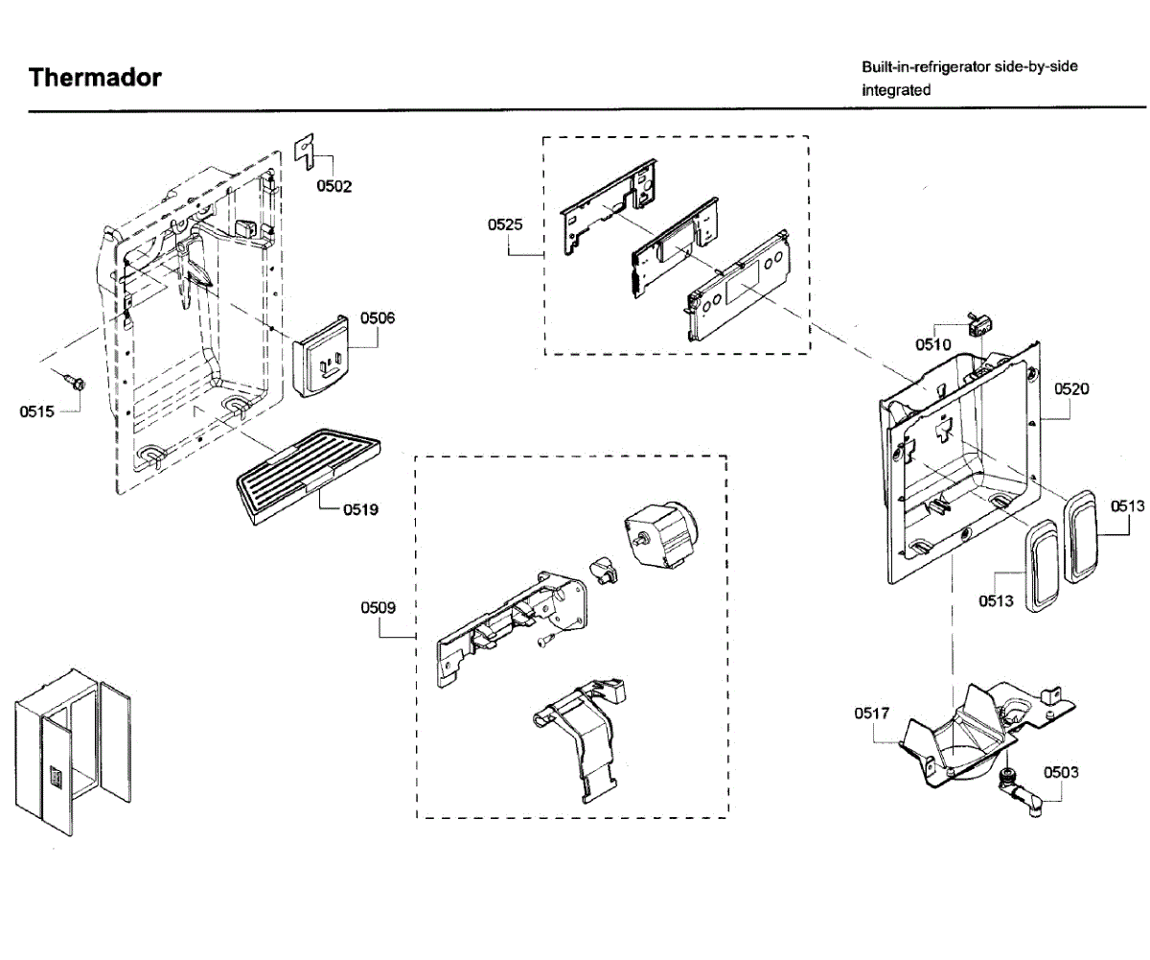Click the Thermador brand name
(95, 78)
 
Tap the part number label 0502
(334, 186)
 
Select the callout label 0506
(378, 317)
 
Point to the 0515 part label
(36, 412)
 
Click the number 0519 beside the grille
(361, 509)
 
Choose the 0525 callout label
(504, 225)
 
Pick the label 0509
(378, 608)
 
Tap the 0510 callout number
(932, 345)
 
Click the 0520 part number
(1071, 389)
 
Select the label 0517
(872, 714)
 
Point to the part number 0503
(1061, 772)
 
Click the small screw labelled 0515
(77, 383)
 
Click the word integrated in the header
(896, 90)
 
